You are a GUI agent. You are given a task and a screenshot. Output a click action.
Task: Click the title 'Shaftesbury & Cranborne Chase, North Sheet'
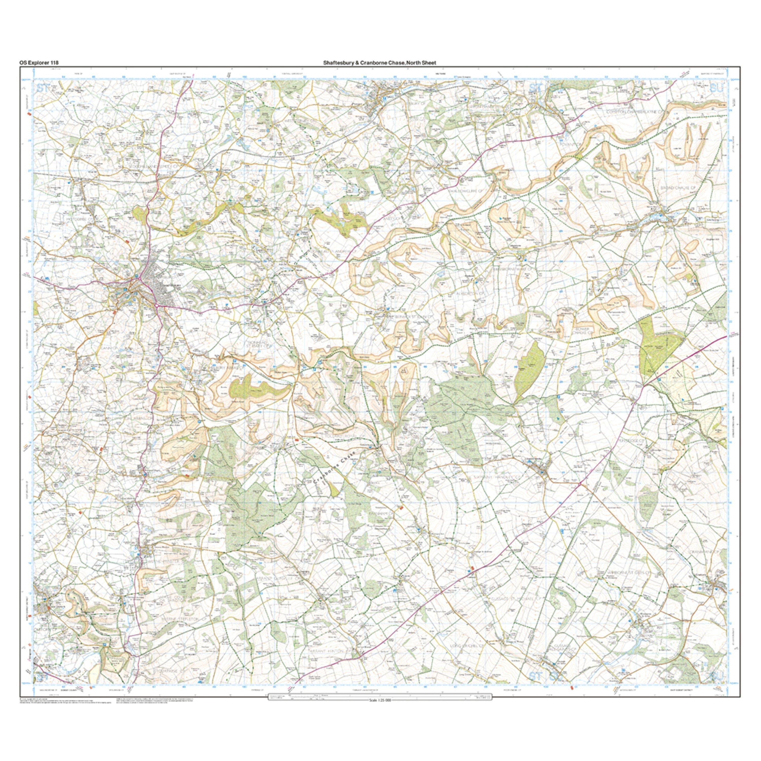click(380, 62)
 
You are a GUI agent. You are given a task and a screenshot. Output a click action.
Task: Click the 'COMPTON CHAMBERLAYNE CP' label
click(637, 112)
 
